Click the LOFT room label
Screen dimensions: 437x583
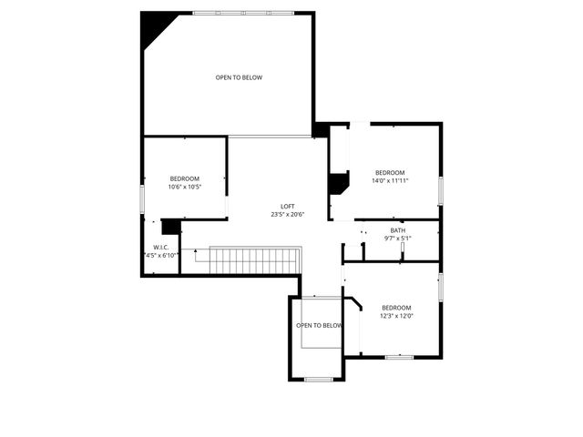point(287,206)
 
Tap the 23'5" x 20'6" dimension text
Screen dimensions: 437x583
point(287,215)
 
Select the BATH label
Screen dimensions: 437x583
point(398,230)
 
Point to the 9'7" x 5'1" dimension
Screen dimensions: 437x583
point(398,239)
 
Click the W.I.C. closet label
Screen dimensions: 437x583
point(160,247)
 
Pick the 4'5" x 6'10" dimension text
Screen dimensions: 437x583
point(160,256)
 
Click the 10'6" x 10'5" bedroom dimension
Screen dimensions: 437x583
point(185,188)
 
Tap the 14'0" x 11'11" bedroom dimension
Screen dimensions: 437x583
point(390,181)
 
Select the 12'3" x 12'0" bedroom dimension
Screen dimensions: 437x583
point(397,316)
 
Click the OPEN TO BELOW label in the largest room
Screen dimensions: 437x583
point(239,77)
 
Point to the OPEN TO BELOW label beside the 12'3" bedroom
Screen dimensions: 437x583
point(319,325)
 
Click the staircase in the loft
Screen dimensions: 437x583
point(254,260)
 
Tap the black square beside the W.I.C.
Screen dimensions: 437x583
point(170,228)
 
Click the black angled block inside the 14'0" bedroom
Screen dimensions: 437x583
point(338,183)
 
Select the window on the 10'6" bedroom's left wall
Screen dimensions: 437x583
point(142,198)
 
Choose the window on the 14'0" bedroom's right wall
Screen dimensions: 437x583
point(441,190)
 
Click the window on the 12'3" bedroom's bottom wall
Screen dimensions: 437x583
point(399,357)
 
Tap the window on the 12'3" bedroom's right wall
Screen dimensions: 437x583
point(441,286)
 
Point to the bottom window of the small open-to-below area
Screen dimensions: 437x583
point(318,379)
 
